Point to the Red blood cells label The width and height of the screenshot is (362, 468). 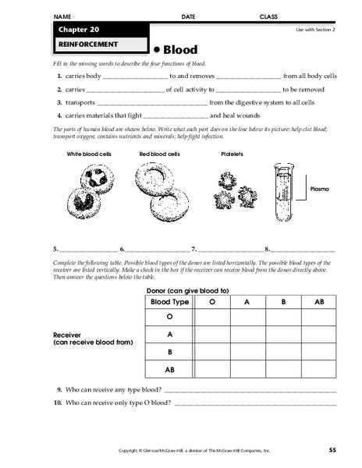[x=160, y=154]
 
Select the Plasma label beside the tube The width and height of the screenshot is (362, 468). [x=321, y=190]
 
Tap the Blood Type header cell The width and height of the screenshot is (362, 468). [x=169, y=302]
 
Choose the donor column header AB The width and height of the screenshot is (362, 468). [x=319, y=302]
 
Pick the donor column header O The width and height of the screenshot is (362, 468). [x=211, y=302]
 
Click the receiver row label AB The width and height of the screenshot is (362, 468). [x=169, y=370]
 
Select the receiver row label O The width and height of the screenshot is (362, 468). [x=169, y=317]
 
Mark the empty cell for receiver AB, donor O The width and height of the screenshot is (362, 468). [x=211, y=370]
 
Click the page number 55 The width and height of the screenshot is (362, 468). [x=332, y=450]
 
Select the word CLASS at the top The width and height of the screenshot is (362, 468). [x=269, y=16]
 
